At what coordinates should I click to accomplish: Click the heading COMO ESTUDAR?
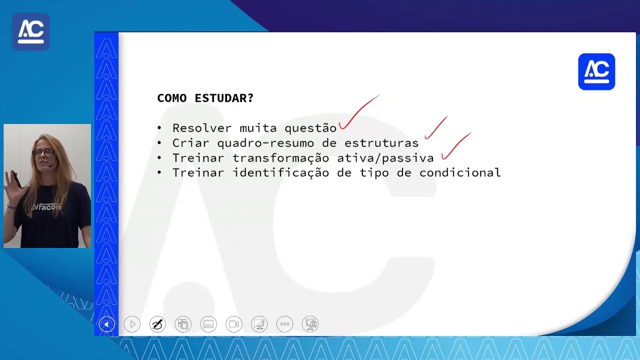click(x=205, y=98)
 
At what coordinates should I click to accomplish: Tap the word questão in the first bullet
click(x=310, y=128)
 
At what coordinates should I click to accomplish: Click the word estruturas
click(x=381, y=143)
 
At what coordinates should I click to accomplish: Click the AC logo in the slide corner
click(x=596, y=71)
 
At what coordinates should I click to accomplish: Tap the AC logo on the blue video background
click(x=31, y=31)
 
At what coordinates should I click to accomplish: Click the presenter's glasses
click(x=44, y=153)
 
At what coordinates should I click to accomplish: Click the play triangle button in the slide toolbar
click(x=132, y=324)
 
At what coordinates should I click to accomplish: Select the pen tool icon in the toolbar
click(x=157, y=324)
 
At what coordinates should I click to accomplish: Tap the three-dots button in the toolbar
click(x=284, y=324)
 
